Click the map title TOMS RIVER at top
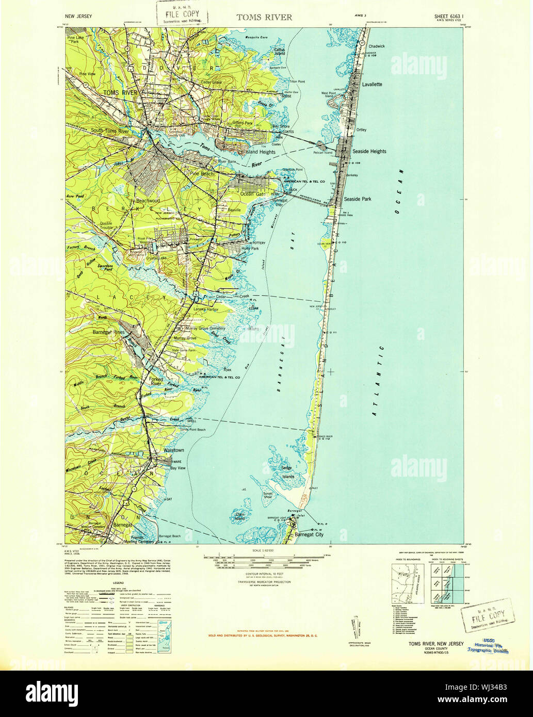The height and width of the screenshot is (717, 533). tap(264, 17)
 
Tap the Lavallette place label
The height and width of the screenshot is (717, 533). tap(372, 84)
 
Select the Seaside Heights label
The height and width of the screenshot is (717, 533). tap(369, 152)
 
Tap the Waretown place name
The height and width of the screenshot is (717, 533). tap(170, 450)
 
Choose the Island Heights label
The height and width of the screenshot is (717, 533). tap(260, 152)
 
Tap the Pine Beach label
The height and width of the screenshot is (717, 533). tap(202, 174)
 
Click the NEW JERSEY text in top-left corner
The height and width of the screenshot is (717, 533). tap(79, 17)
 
